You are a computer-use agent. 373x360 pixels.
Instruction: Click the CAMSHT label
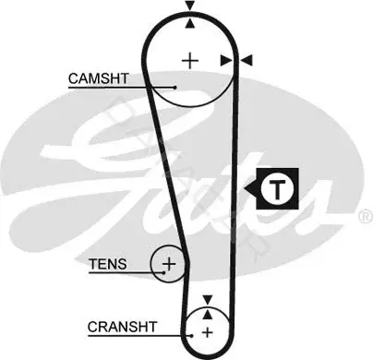[98, 78]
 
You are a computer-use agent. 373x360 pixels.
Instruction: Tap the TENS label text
[108, 264]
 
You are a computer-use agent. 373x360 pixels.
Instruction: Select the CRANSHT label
[122, 327]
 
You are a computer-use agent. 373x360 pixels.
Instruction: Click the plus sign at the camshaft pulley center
[190, 61]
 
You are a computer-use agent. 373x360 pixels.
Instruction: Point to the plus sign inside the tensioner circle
[169, 264]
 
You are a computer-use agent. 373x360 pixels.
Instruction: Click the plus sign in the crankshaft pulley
[208, 332]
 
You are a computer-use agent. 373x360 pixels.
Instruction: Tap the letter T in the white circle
[278, 189]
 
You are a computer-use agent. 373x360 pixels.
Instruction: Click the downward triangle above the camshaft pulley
[190, 6]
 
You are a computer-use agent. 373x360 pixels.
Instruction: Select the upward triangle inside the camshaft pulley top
[190, 23]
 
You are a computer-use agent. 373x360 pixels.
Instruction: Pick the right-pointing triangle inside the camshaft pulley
[226, 61]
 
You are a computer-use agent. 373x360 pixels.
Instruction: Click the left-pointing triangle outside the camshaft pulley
[247, 60]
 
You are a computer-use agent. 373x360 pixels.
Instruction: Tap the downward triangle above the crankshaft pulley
[208, 300]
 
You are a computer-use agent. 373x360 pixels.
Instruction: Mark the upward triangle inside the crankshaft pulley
[208, 314]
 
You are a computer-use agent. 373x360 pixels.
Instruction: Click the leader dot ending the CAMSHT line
[174, 88]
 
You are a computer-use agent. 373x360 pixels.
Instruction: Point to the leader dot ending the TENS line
[164, 272]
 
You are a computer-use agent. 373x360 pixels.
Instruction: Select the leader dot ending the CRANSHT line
[191, 336]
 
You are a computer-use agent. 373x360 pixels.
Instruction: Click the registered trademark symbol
[366, 217]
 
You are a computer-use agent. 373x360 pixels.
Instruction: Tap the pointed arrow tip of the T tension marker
[245, 188]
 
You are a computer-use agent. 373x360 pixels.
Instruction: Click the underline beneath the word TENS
[126, 272]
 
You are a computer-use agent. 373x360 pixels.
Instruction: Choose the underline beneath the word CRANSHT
[139, 335]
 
